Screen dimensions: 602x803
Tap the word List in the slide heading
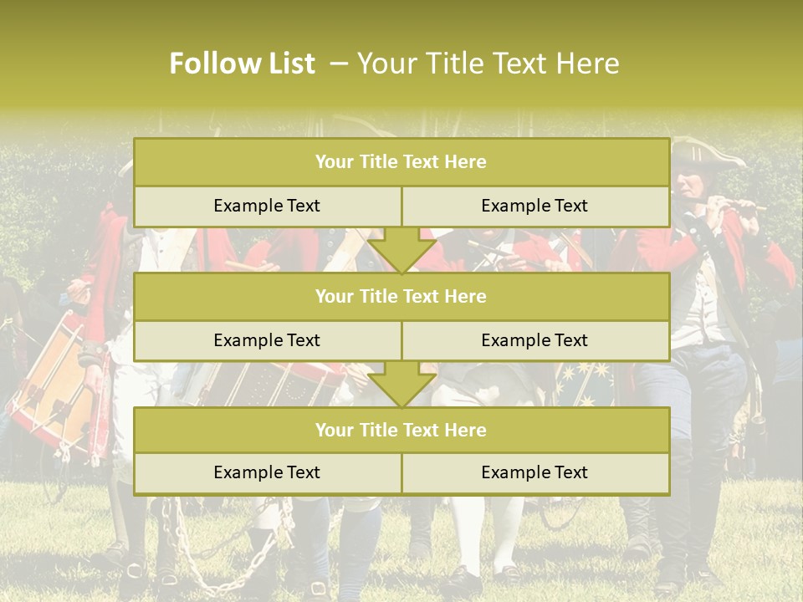[287, 64]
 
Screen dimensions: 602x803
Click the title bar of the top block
[401, 162]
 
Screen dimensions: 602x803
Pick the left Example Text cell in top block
[267, 206]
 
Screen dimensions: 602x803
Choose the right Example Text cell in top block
[534, 206]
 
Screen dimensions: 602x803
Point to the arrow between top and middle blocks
[401, 250]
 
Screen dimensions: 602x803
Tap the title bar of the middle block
[401, 296]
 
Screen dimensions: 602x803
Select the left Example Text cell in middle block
[267, 340]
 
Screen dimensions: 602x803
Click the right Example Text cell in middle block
[534, 340]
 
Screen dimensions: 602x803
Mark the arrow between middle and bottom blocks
[401, 385]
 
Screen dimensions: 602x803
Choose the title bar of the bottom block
[401, 430]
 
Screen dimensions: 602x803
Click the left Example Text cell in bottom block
[267, 472]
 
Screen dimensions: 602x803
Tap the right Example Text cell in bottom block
[534, 472]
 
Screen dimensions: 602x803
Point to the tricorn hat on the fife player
[708, 154]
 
